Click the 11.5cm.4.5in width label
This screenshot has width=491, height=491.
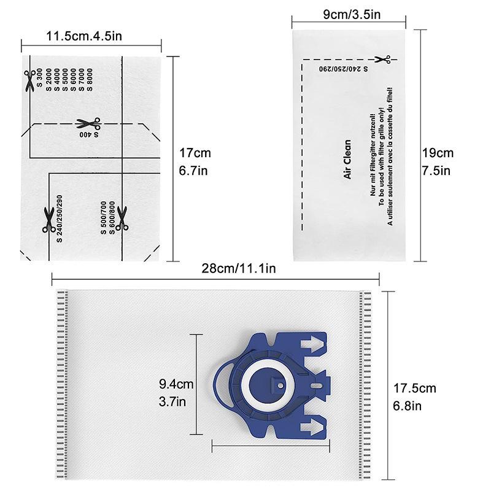click(x=84, y=36)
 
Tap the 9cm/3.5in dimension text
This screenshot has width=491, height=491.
click(x=352, y=14)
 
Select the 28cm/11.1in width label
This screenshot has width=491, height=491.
click(x=239, y=268)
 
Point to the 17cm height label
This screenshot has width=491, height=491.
click(x=195, y=153)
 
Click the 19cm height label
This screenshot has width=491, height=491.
click(x=438, y=153)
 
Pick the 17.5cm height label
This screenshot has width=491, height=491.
click(x=415, y=389)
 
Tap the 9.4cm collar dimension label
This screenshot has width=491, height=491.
click(x=176, y=384)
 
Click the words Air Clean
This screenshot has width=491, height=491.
click(x=347, y=160)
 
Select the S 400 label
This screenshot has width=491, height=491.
click(x=89, y=134)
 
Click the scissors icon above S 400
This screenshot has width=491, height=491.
click(x=88, y=123)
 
